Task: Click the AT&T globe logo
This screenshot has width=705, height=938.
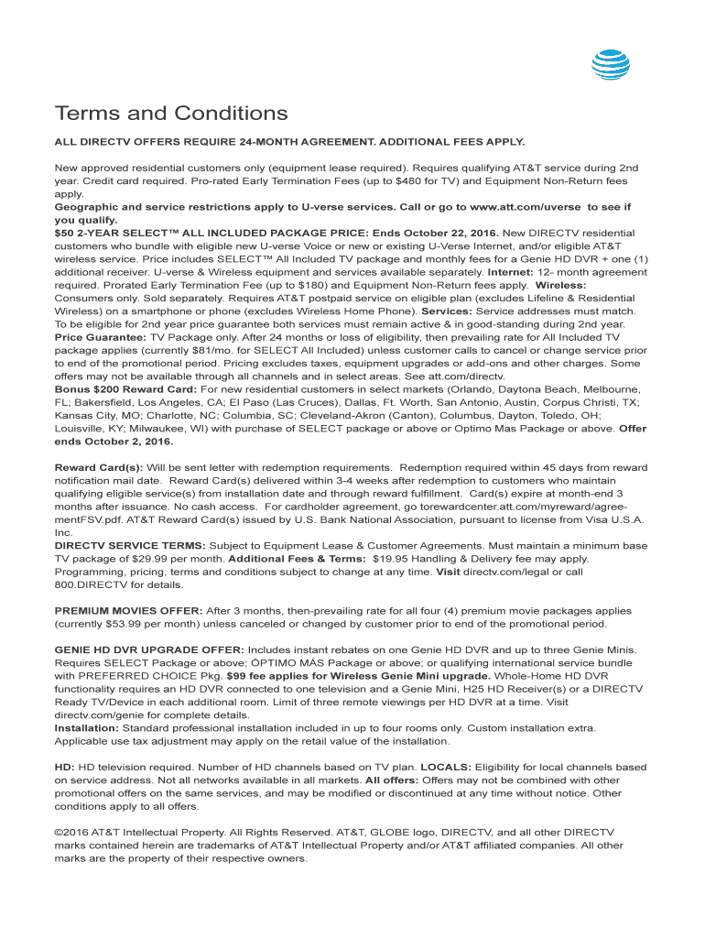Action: tap(611, 65)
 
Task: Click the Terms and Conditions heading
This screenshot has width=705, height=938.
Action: tap(171, 114)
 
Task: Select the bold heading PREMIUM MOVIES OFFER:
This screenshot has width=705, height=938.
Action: tap(128, 610)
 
